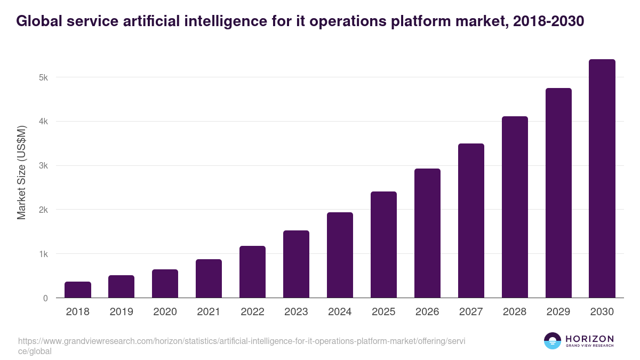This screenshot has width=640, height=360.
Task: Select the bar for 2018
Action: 78,290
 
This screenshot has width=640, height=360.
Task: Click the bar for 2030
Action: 602,179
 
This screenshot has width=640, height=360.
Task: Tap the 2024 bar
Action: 340,255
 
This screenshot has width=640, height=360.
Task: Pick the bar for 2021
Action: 209,278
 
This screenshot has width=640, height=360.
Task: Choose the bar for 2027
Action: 471,221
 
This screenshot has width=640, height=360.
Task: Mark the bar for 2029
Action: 558,193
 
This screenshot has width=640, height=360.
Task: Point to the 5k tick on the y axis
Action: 43,77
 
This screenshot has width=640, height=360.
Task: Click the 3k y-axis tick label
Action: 43,166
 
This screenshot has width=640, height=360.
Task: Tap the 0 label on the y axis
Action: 45,298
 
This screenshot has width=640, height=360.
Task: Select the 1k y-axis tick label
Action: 43,254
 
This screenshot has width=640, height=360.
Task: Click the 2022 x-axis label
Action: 252,312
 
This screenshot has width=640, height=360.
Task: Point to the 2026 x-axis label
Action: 427,312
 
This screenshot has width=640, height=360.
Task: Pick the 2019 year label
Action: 121,312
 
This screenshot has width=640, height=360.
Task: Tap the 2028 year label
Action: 515,312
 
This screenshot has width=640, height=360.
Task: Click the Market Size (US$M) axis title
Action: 21,172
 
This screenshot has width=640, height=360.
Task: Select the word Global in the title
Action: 39,21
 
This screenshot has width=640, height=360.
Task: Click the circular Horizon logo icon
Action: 553,341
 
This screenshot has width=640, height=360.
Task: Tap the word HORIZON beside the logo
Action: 589,339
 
